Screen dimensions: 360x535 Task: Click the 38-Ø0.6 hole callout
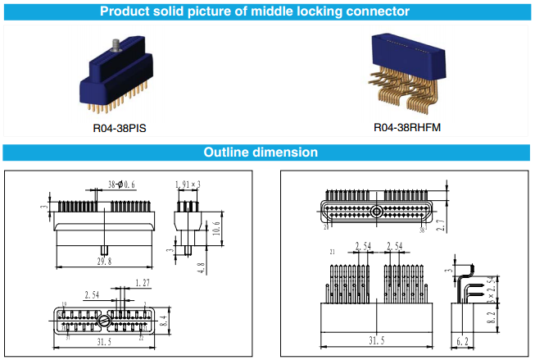point(123,185)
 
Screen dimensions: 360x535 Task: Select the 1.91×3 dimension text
point(189,185)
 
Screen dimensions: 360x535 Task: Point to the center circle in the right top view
point(376,211)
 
